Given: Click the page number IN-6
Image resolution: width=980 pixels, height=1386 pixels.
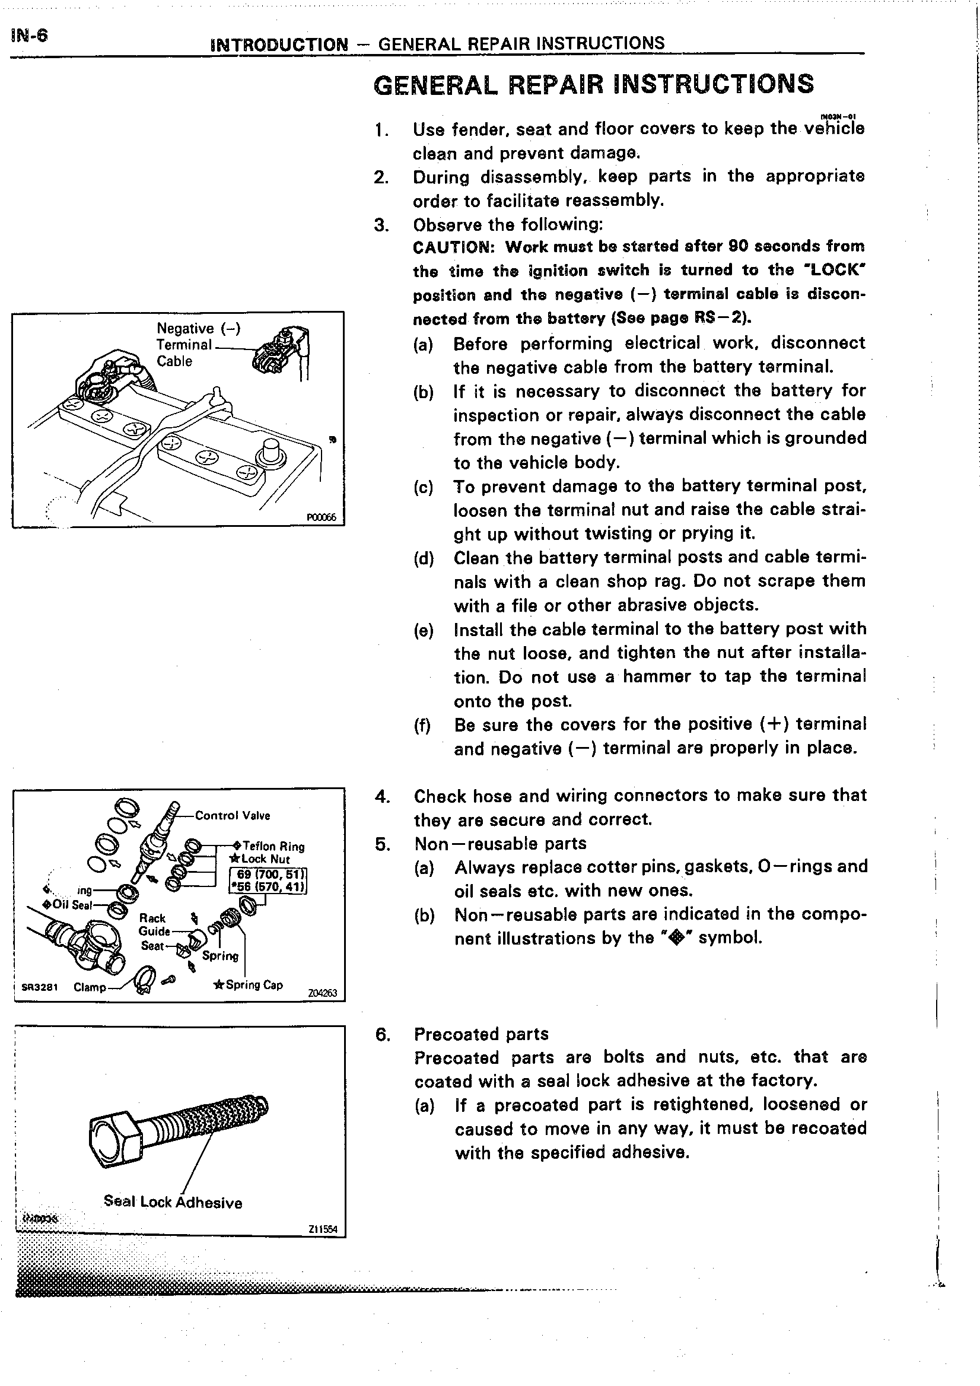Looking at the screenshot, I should coord(28,36).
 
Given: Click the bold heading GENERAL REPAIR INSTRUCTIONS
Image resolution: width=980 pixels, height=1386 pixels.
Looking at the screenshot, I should coord(594,84).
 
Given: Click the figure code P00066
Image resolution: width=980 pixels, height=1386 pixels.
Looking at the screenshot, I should coord(321,517).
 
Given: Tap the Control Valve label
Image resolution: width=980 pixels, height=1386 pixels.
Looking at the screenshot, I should coord(233,816).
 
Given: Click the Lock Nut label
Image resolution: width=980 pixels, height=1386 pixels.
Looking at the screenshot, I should coord(265,859).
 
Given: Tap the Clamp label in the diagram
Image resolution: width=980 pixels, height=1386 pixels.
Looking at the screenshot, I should coord(90,988).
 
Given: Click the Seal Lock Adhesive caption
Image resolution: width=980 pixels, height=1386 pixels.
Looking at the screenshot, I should coord(173,1202).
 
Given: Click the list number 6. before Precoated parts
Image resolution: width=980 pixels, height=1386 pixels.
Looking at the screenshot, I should coord(382,1035).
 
